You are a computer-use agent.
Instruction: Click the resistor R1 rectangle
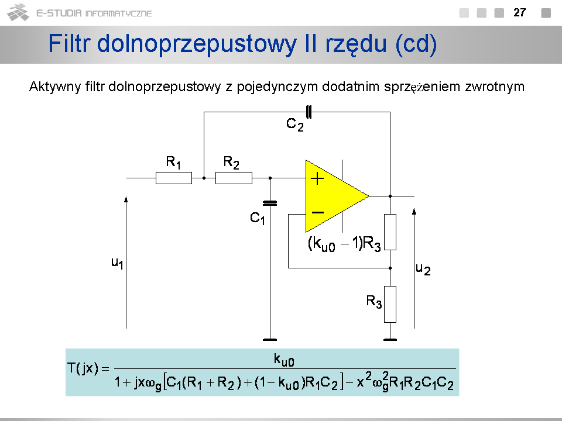pyautogui.click(x=173, y=178)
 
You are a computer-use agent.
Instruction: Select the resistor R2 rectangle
pyautogui.click(x=234, y=178)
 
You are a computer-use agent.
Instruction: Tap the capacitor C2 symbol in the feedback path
pyautogui.click(x=309, y=111)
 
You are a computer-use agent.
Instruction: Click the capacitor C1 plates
pyautogui.click(x=270, y=203)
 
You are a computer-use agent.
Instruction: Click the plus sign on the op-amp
pyautogui.click(x=317, y=179)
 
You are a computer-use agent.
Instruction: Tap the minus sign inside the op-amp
pyautogui.click(x=318, y=212)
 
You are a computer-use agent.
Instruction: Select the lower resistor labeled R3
pyautogui.click(x=390, y=304)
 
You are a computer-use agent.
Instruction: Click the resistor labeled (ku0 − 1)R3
pyautogui.click(x=390, y=232)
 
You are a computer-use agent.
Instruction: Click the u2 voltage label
pyautogui.click(x=423, y=269)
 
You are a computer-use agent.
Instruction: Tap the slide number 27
pyautogui.click(x=519, y=12)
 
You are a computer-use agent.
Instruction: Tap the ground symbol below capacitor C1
pyautogui.click(x=270, y=339)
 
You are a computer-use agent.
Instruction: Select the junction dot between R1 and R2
pyautogui.click(x=203, y=178)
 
